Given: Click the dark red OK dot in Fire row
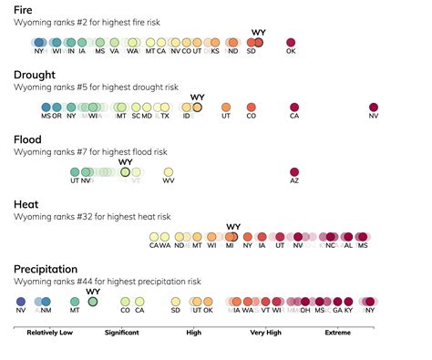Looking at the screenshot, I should coord(292,42).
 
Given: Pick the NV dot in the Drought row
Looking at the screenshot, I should coord(374,107).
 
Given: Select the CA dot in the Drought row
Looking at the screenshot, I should coord(294,107).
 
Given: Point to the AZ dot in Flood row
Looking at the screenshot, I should coord(294,172).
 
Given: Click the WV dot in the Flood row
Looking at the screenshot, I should coord(169,172).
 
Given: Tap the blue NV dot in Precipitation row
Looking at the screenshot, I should coord(21,301).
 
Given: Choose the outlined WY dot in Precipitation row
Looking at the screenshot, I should coord(92,301).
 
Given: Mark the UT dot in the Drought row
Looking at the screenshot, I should coord(226,107).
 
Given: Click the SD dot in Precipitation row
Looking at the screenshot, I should coord(175,301).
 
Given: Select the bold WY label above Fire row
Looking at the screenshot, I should coord(258,32).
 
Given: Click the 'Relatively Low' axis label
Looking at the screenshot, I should coord(50,333).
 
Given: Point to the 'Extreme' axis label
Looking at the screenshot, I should coord(338,333).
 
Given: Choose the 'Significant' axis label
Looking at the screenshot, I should coord(121,333).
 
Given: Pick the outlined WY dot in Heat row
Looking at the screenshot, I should coord(232,237).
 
